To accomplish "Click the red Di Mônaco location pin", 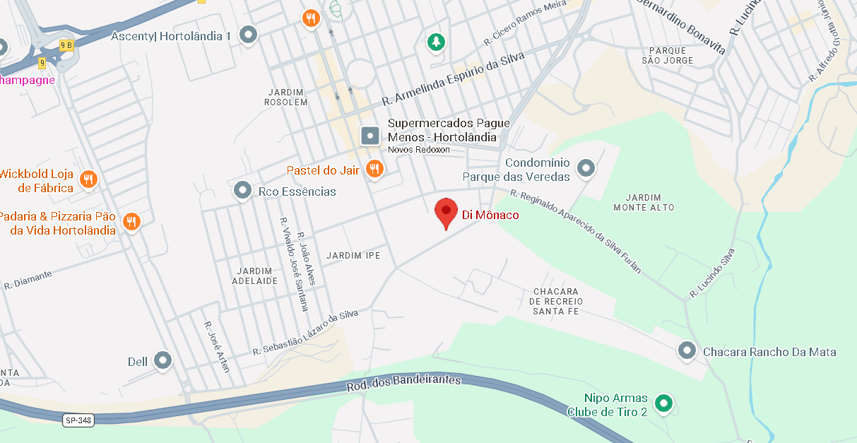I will pos(445,212).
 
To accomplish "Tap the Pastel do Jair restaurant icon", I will pos(374,169).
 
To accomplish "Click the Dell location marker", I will pos(163,360).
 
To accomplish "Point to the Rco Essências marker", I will pos(243,190).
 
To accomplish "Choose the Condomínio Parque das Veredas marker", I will pos(585,168).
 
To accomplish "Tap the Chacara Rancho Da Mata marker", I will pos(687,350).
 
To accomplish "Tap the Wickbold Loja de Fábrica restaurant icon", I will pos(88,179).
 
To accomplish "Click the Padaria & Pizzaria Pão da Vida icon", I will pos(131,222).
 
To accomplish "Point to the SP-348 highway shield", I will pos(78,420).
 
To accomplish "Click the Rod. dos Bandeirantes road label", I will pos(403,383).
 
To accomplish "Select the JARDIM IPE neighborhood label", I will pos(353,255).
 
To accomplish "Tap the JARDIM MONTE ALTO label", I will pos(644,202).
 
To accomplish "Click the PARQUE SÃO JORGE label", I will pos(668,55).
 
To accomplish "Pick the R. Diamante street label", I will pos(28,280).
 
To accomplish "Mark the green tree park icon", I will pos(437,42).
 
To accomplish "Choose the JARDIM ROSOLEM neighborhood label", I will pos(286,97).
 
